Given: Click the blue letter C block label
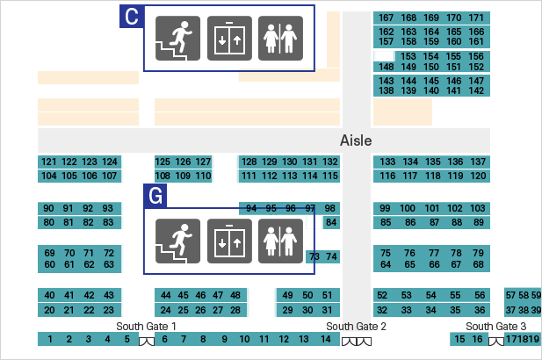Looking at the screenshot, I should [131, 17].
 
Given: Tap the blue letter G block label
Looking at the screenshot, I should [155, 196].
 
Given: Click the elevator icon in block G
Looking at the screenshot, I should [229, 241].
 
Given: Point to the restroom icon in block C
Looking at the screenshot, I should [280, 39].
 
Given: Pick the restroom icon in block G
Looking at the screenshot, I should [280, 241].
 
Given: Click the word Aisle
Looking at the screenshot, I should [356, 140].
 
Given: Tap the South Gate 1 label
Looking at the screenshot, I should [147, 327].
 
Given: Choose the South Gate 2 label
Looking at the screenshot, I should [357, 327].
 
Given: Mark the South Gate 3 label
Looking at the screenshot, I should [496, 327].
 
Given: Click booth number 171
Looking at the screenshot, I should [476, 18].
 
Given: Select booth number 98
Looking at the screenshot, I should [330, 208].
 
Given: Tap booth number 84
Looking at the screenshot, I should [330, 222].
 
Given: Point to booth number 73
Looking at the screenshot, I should [314, 256].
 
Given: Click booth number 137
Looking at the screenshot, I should [478, 162].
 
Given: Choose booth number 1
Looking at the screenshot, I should [51, 339].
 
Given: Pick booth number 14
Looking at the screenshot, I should [324, 339].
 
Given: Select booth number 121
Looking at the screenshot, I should [48, 162].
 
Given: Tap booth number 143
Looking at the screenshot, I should [386, 81].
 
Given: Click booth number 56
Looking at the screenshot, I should [479, 295].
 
